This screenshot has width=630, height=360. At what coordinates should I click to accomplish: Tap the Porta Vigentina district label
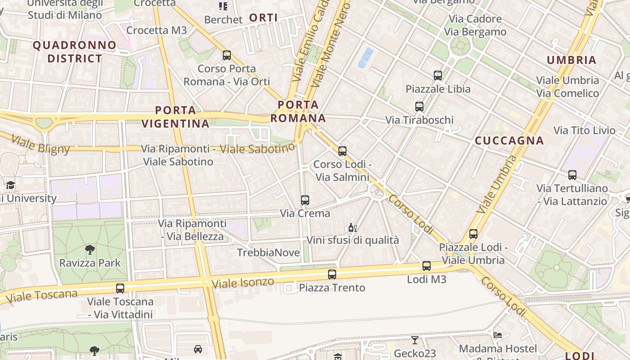tap(175, 117)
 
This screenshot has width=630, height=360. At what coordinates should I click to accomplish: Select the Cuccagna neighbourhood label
tap(509, 140)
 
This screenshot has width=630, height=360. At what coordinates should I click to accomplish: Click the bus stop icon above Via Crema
tap(305, 200)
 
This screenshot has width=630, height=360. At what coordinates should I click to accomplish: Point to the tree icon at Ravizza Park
tap(90, 249)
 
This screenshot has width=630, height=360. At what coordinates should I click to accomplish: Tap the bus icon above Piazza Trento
tap(332, 274)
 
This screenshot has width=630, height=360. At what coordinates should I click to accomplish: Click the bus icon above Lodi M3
tap(427, 266)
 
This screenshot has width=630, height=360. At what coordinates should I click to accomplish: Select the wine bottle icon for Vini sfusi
tap(353, 228)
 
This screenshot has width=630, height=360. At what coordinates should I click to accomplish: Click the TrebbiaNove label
tap(268, 252)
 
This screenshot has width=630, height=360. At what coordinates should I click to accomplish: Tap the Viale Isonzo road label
tap(243, 283)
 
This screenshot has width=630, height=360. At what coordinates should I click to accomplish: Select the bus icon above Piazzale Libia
tap(438, 76)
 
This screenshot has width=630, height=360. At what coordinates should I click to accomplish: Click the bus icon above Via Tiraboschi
tap(419, 107)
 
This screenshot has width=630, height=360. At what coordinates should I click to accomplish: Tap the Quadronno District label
tap(75, 52)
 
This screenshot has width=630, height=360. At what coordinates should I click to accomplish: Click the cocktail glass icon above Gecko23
tap(414, 340)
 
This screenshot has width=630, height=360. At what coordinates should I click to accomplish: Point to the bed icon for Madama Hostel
tap(498, 335)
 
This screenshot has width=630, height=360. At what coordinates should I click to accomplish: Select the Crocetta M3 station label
tap(156, 30)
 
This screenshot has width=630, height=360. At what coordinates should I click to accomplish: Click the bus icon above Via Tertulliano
tap(572, 175)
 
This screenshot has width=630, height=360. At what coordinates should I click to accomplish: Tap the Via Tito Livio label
tap(584, 130)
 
